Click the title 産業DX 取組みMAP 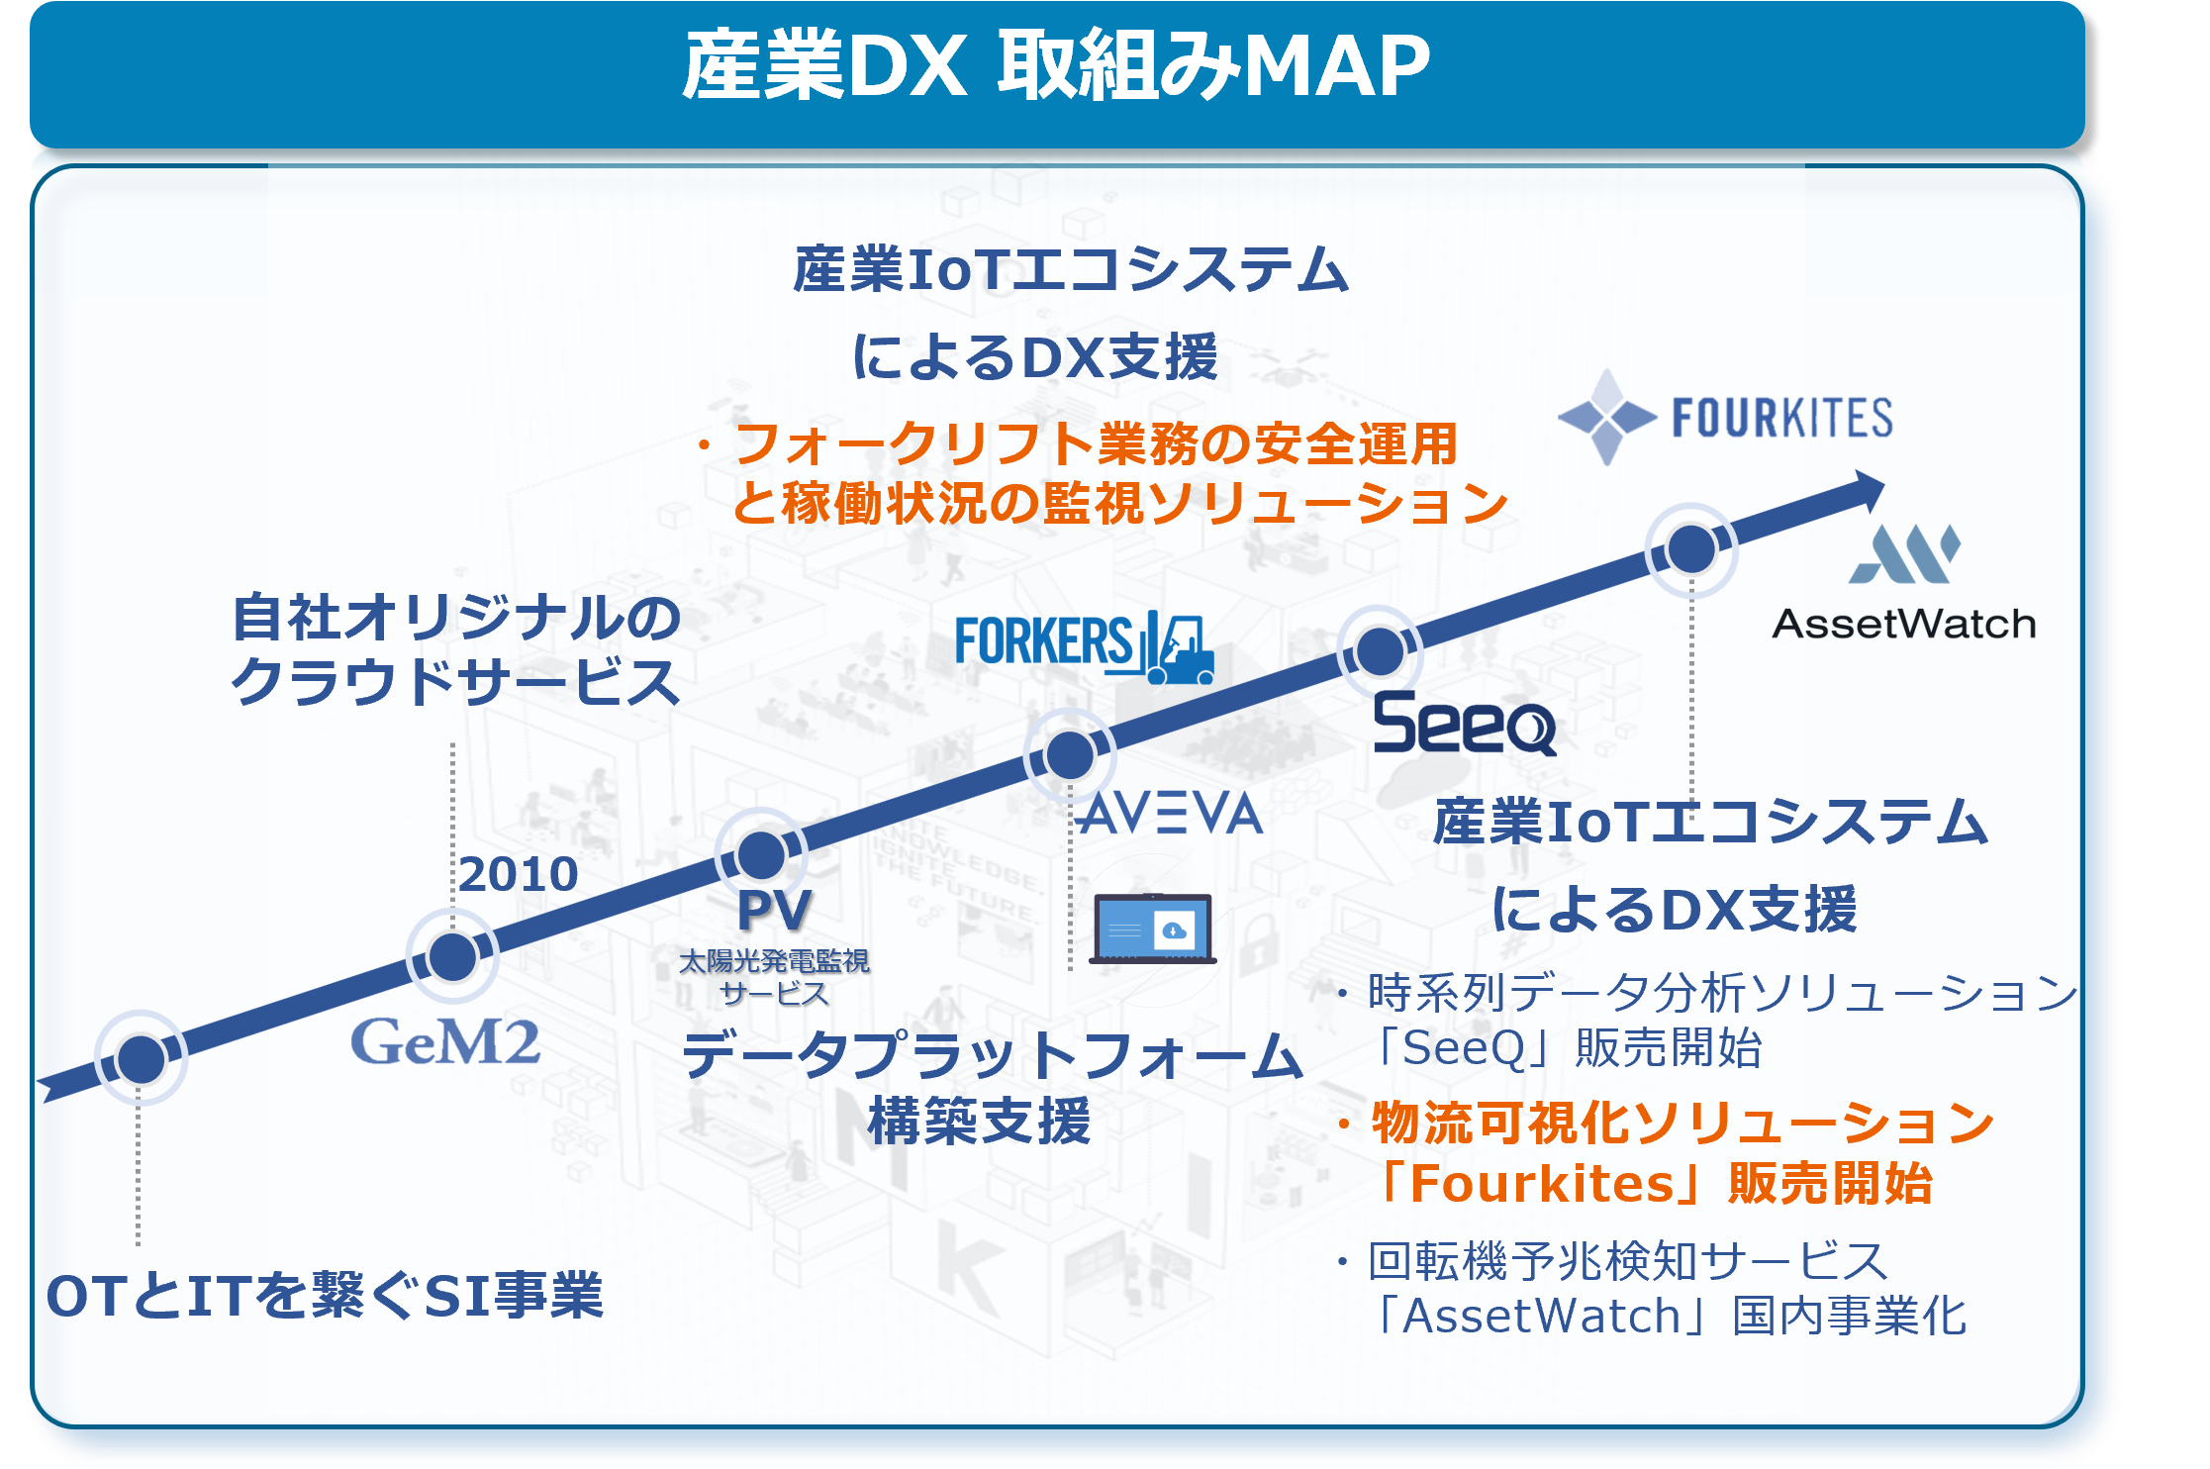[x=1056, y=65]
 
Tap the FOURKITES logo [x=1725, y=417]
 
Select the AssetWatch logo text [x=1903, y=625]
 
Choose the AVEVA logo [x=1171, y=814]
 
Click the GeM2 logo [x=445, y=1041]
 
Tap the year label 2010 [x=519, y=874]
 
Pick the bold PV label [x=775, y=910]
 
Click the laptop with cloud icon [x=1153, y=929]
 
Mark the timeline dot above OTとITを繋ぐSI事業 [x=141, y=1059]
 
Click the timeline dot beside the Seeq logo [x=1380, y=650]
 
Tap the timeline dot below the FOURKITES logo [x=1691, y=548]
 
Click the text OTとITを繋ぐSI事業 [x=325, y=1296]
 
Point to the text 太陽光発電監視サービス [x=774, y=977]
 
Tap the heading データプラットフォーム [x=993, y=1055]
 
